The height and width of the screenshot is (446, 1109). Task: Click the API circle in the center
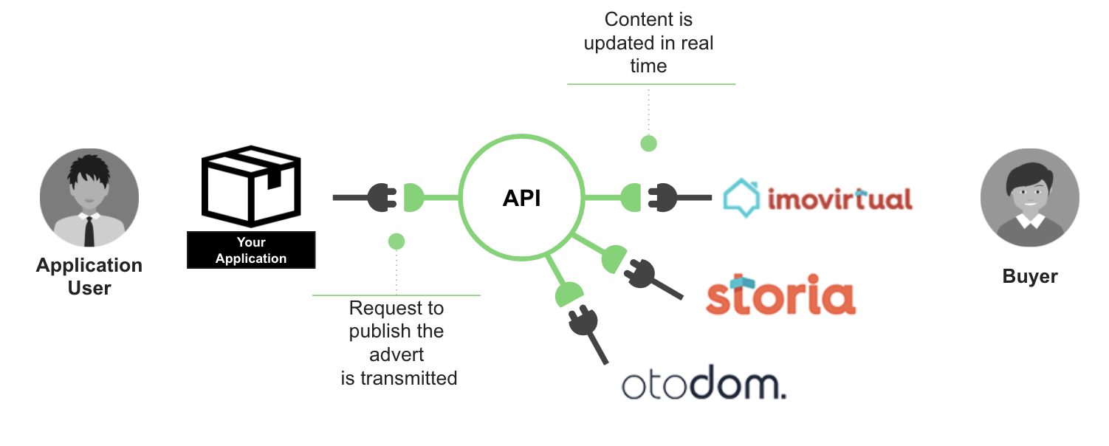[x=521, y=198]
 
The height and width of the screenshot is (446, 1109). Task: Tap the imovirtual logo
[x=817, y=198]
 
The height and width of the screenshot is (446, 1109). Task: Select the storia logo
[x=780, y=295]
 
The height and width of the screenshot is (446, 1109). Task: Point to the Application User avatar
[x=89, y=197]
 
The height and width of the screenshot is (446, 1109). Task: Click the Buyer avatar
[x=1029, y=197]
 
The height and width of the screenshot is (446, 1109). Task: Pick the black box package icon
[x=251, y=187]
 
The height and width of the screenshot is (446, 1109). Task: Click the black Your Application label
[x=251, y=250]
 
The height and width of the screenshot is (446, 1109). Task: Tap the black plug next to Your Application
[x=382, y=198]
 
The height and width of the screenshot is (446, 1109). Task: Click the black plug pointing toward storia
[x=640, y=275]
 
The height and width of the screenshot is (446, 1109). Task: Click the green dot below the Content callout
[x=648, y=143]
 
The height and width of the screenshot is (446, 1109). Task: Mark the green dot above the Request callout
[x=396, y=241]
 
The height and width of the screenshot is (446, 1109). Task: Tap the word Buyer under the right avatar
[x=1029, y=276]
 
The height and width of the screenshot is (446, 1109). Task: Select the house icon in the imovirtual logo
[x=740, y=198]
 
